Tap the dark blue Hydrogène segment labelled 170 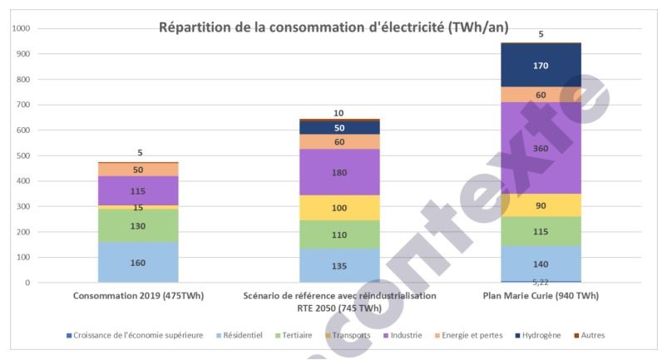point(541,65)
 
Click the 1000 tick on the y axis point(22,29)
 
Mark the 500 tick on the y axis point(24,156)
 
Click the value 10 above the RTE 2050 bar point(338,113)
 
